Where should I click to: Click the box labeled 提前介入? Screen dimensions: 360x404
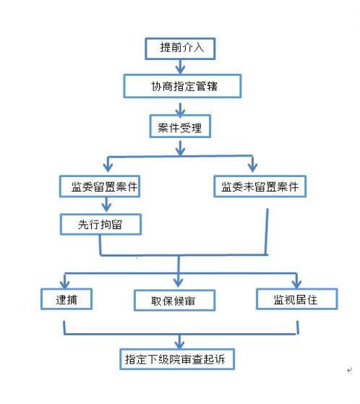tap(180, 48)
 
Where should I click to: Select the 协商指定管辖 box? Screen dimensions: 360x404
tap(182, 86)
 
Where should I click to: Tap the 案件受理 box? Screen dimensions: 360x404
tap(180, 126)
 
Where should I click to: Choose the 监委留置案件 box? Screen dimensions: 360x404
tap(100, 186)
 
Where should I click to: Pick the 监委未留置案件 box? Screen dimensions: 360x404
tap(260, 186)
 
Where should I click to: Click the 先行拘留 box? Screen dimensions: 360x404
tap(100, 224)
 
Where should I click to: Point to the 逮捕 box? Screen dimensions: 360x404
tap(67, 299)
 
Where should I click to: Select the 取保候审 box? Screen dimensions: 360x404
tap(174, 301)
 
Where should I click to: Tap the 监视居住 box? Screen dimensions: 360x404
tap(296, 299)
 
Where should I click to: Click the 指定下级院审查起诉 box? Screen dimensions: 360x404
tap(177, 359)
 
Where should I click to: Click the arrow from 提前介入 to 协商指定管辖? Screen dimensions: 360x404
tap(180, 67)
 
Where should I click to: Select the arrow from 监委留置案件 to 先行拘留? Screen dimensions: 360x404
tap(106, 205)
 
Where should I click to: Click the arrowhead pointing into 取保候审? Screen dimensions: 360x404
tap(179, 283)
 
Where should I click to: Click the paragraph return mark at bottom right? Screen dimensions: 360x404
tap(349, 370)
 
